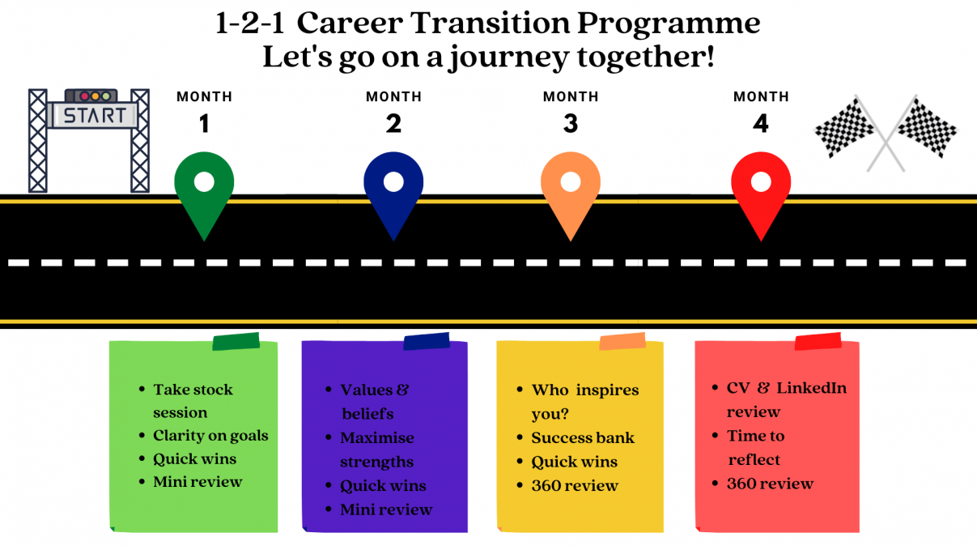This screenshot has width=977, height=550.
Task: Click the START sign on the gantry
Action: pyautogui.click(x=95, y=115)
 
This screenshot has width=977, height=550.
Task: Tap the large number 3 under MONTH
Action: pyautogui.click(x=571, y=124)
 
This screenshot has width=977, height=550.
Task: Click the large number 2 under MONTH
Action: pyautogui.click(x=393, y=124)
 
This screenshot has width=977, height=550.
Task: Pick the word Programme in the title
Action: pyautogui.click(x=669, y=24)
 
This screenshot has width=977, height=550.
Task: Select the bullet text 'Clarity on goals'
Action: pyautogui.click(x=210, y=436)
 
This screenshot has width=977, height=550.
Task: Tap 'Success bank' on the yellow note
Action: pyautogui.click(x=583, y=438)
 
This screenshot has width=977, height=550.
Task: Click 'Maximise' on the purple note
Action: pyautogui.click(x=377, y=438)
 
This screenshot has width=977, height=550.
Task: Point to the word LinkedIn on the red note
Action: pyautogui.click(x=812, y=388)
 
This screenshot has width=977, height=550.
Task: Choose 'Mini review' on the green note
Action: pyautogui.click(x=198, y=482)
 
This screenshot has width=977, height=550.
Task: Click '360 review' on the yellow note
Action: pyautogui.click(x=575, y=485)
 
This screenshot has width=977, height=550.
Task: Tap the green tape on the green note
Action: pyautogui.click(x=236, y=341)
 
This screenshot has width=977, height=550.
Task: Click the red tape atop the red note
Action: pyautogui.click(x=818, y=341)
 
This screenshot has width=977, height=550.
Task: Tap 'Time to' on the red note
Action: pyautogui.click(x=756, y=436)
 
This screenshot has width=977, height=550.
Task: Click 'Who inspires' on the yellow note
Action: pyautogui.click(x=585, y=390)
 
